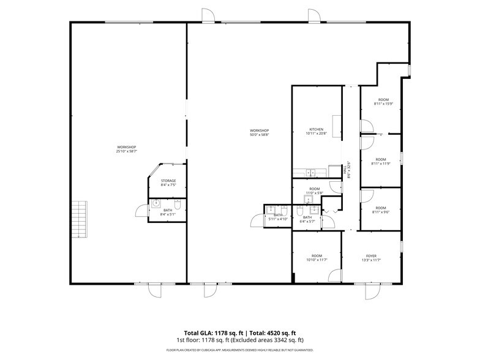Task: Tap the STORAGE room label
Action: (168, 181)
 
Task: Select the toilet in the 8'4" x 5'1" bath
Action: (178, 205)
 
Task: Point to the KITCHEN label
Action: (316, 129)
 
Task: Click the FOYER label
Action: (371, 256)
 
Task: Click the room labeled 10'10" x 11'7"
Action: (317, 258)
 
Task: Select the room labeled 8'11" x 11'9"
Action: (381, 161)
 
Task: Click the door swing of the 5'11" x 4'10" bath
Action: (256, 221)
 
